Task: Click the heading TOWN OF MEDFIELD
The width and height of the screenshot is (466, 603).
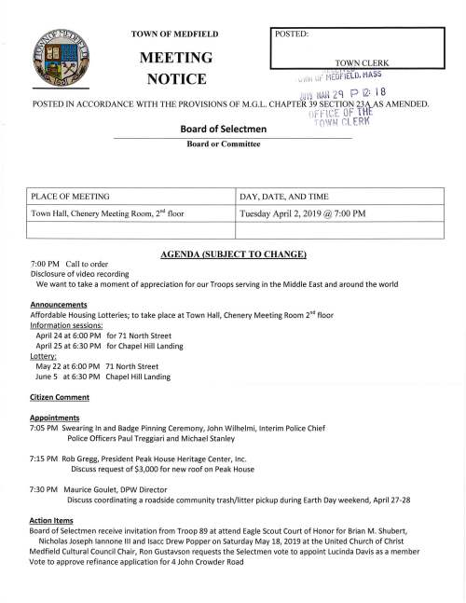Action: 175,34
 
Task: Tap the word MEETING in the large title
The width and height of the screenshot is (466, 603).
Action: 176,59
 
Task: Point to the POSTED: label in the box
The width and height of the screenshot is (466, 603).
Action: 294,34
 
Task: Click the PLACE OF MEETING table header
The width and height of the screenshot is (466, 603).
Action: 71,198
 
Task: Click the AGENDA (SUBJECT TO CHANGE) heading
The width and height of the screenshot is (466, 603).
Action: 232,254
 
